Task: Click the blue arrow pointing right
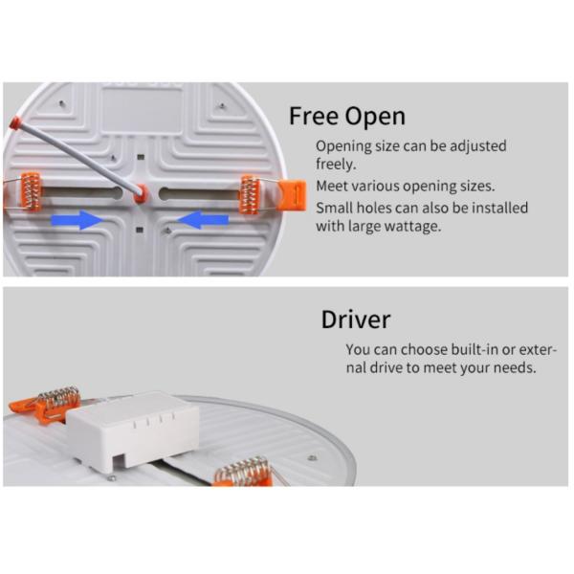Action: (77, 220)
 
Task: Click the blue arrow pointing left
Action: (203, 220)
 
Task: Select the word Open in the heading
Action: (375, 118)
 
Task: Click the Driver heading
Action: (356, 320)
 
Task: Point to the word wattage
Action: (412, 226)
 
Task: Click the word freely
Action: (336, 164)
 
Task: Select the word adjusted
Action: (477, 146)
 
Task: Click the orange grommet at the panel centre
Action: (141, 193)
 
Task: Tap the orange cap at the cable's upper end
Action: (14, 122)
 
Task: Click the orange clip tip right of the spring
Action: (292, 195)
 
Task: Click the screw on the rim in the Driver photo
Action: (312, 457)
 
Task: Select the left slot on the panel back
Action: (81, 193)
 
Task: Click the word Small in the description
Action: (334, 208)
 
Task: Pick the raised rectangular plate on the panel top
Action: (142, 111)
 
